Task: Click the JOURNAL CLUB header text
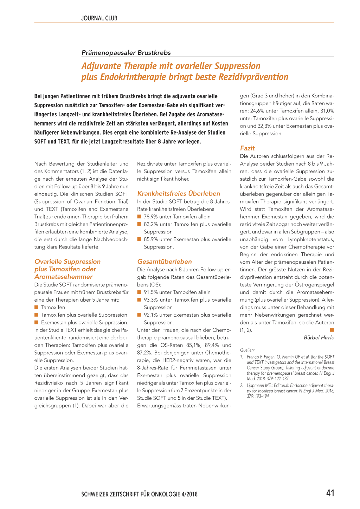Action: (99, 18)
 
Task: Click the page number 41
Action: (330, 493)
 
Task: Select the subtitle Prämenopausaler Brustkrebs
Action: (126, 53)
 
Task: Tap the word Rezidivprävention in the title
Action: (253, 77)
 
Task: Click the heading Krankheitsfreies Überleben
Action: (179, 194)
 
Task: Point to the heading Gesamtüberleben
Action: (165, 262)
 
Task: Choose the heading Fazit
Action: (247, 148)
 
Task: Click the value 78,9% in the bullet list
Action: (151, 217)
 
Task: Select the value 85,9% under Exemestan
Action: (151, 239)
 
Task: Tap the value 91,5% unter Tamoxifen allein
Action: (151, 292)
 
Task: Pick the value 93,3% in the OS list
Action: (151, 300)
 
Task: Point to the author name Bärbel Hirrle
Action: (319, 337)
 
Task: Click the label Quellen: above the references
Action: (247, 350)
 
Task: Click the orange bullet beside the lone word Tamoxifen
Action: (36, 308)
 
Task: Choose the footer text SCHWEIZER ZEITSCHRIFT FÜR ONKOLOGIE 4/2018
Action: (139, 494)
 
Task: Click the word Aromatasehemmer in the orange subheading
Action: (64, 277)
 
